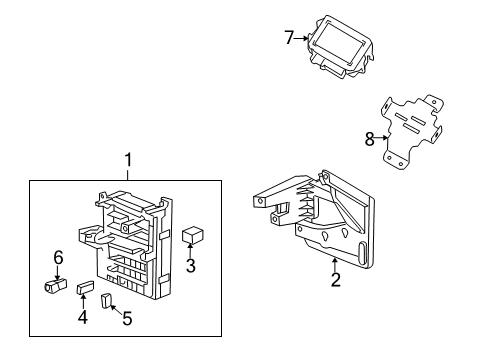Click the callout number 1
[127, 160]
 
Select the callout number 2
[335, 280]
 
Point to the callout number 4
[84, 318]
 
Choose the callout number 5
[125, 321]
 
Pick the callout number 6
[58, 258]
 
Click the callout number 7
[289, 38]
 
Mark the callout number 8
[369, 140]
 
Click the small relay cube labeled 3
[192, 235]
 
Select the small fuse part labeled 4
[85, 289]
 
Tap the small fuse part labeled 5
[107, 301]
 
